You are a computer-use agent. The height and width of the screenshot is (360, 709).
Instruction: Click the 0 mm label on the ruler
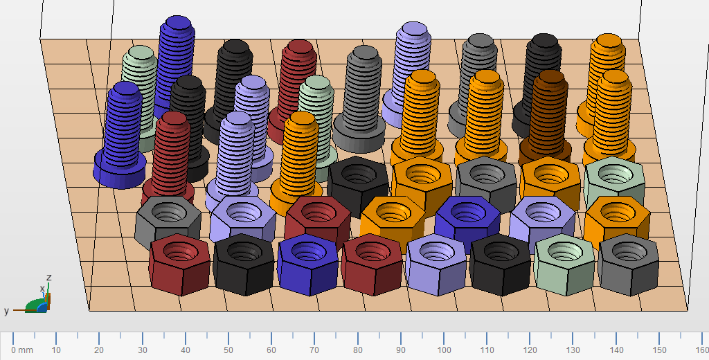tap(22, 350)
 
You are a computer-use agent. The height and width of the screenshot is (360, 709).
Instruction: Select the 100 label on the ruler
tap(444, 350)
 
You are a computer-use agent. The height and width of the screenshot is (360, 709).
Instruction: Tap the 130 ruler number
tap(573, 350)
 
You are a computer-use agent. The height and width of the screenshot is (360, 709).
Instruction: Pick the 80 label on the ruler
tap(358, 350)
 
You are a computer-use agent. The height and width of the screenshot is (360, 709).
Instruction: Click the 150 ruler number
tap(659, 350)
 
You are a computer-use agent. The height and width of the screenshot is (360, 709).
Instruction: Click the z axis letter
tap(49, 277)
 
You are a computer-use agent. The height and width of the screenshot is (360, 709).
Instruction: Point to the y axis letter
tap(6, 311)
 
